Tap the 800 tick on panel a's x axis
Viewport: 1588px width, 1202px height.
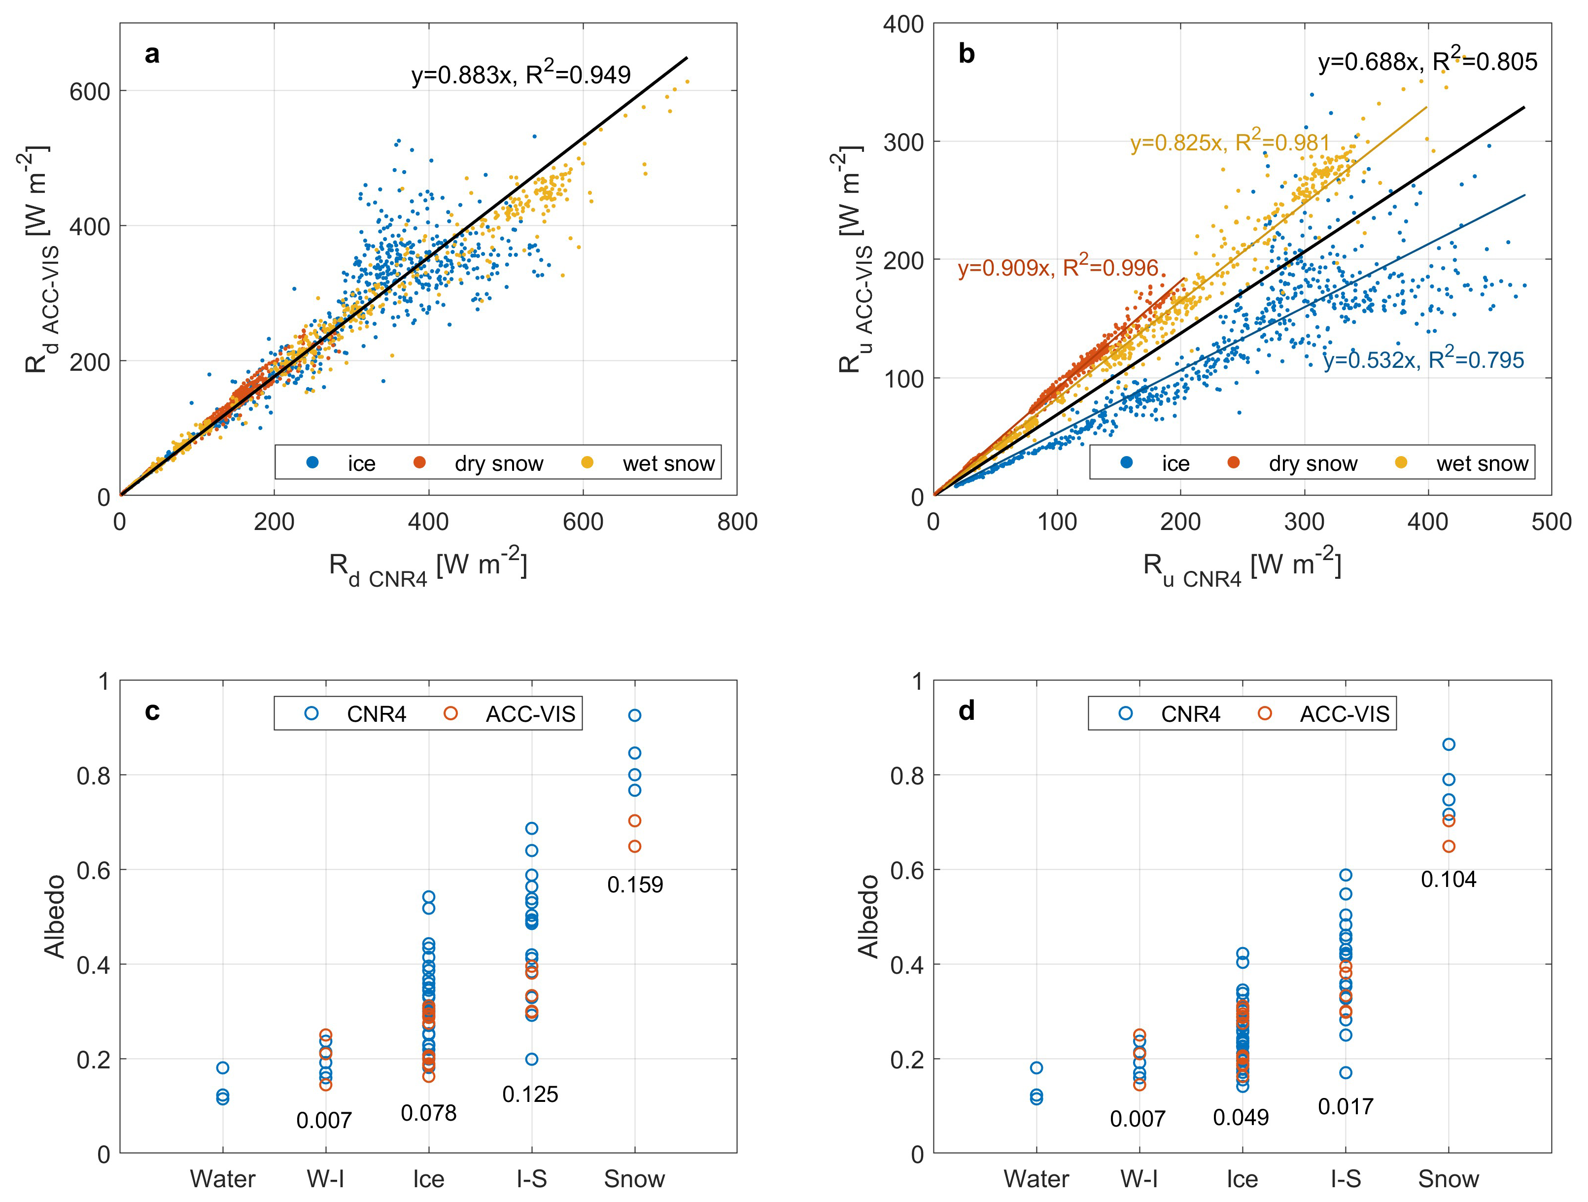(736, 522)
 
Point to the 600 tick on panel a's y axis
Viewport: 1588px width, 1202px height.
(90, 91)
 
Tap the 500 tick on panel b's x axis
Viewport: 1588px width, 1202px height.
(1551, 522)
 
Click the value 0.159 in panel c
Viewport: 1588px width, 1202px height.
(635, 884)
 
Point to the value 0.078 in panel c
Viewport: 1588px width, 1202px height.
(429, 1113)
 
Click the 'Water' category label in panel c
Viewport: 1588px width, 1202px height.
(223, 1179)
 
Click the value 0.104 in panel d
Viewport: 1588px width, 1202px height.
(1449, 880)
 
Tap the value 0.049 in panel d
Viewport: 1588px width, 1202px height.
(1241, 1117)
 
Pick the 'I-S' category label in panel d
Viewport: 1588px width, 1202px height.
(1346, 1179)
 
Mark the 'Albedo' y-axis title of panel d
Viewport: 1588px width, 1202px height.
(868, 917)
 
